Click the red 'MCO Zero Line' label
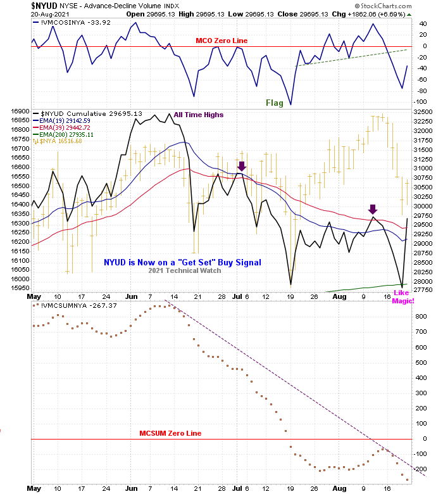pyautogui.click(x=221, y=41)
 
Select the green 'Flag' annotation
pyautogui.click(x=274, y=103)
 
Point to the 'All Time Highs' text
pyautogui.click(x=199, y=115)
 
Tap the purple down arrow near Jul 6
pyautogui.click(x=240, y=165)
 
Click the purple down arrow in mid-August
pyautogui.click(x=373, y=210)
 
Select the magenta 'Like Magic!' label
pyautogui.click(x=403, y=296)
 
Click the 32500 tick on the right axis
pyautogui.click(x=422, y=111)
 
